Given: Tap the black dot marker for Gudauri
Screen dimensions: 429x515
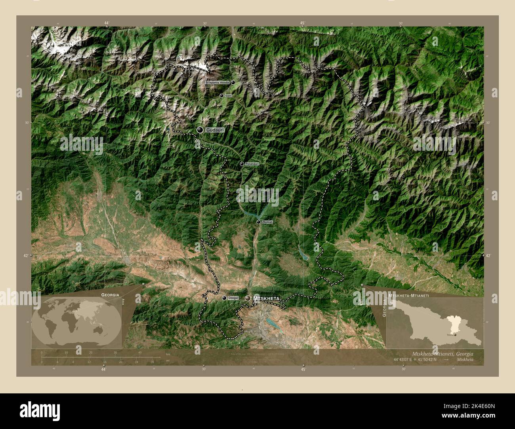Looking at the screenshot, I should click(200, 130).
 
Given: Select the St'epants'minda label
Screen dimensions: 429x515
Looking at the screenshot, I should click(217, 82).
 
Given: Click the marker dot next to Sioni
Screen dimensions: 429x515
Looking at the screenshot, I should click(221, 96).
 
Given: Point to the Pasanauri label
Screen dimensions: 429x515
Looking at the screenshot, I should click(252, 163).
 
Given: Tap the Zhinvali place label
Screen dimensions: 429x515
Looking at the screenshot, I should click(267, 222).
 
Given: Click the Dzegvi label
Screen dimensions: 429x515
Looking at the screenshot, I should click(233, 298).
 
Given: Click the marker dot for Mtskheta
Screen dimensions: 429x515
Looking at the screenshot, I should click(248, 298).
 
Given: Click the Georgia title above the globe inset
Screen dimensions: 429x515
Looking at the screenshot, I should click(110, 295).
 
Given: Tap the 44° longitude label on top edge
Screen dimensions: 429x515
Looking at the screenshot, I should click(107, 23).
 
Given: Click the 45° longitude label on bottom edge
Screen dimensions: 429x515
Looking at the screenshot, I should click(303, 370).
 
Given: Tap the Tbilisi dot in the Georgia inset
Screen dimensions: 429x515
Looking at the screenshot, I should click(456, 335).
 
